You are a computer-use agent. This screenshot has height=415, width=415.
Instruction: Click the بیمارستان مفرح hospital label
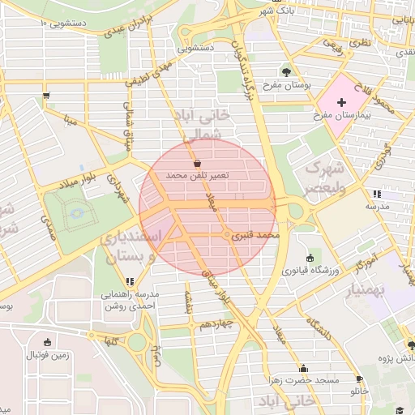[x=341, y=117]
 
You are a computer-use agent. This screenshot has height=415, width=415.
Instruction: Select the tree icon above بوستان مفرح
[x=285, y=71]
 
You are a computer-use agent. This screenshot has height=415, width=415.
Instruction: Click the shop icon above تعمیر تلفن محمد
[x=197, y=163]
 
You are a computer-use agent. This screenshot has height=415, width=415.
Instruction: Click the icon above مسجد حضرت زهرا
[x=303, y=367]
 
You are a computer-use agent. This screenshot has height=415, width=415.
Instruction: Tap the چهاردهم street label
[x=216, y=324]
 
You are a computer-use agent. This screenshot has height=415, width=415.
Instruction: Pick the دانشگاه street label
[x=319, y=327]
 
